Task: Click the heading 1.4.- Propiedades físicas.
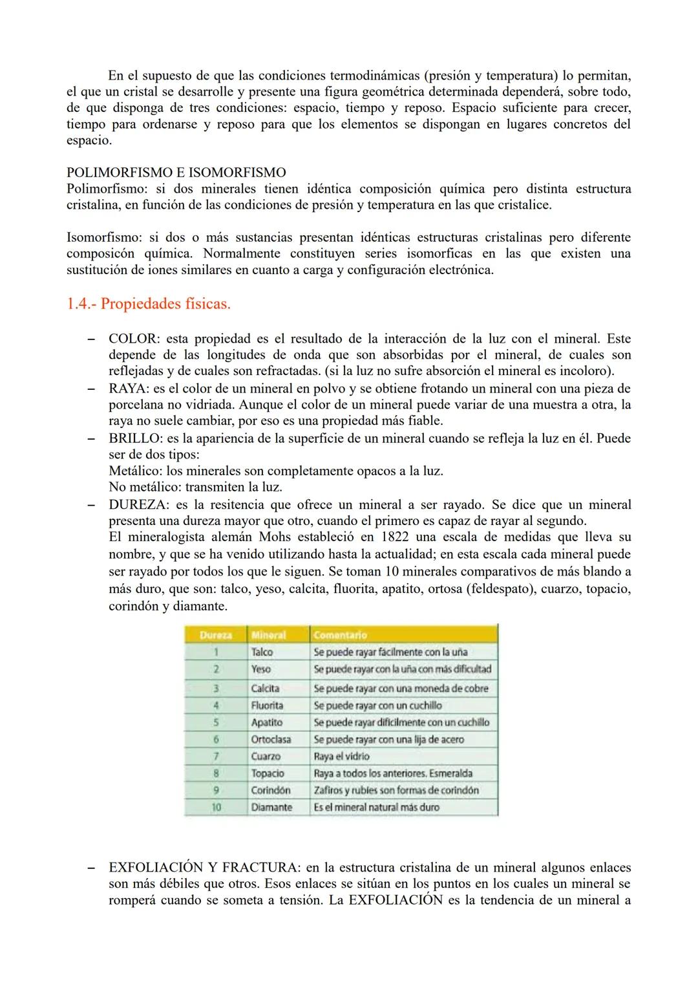click(148, 303)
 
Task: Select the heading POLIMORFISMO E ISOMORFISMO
click(176, 173)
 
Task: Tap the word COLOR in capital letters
click(132, 338)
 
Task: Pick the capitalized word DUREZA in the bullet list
click(135, 504)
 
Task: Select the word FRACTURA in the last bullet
click(265, 867)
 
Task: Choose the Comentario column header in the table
click(340, 635)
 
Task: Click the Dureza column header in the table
click(215, 635)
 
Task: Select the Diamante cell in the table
click(271, 807)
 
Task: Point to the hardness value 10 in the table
click(216, 807)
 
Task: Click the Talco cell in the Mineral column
click(262, 652)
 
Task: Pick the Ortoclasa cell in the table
click(271, 739)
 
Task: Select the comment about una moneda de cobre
click(401, 688)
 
